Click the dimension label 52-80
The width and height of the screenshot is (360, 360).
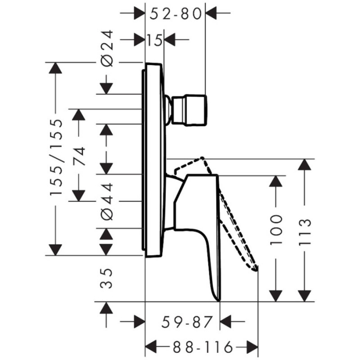pyautogui.click(x=175, y=14)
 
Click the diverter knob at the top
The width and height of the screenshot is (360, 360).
pyautogui.click(x=190, y=110)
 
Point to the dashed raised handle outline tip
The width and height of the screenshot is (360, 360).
pyautogui.click(x=255, y=267)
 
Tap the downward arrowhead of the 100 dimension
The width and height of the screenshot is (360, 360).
pyautogui.click(x=276, y=295)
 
